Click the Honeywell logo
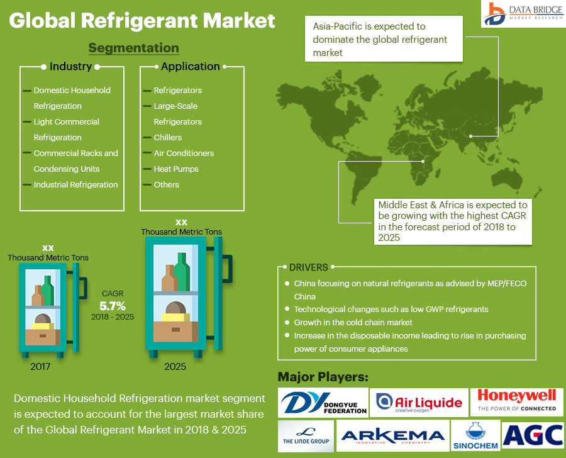(517, 401)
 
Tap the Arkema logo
(392, 436)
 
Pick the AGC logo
(533, 435)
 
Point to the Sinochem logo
(475, 436)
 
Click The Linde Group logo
(306, 435)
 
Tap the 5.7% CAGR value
(113, 306)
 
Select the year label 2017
(40, 366)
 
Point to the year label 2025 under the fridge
(175, 366)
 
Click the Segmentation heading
(133, 48)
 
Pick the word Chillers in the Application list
(168, 137)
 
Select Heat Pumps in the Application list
(176, 169)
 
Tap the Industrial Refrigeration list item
(75, 184)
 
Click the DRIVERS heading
(308, 267)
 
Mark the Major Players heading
(323, 377)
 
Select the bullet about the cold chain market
(353, 322)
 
